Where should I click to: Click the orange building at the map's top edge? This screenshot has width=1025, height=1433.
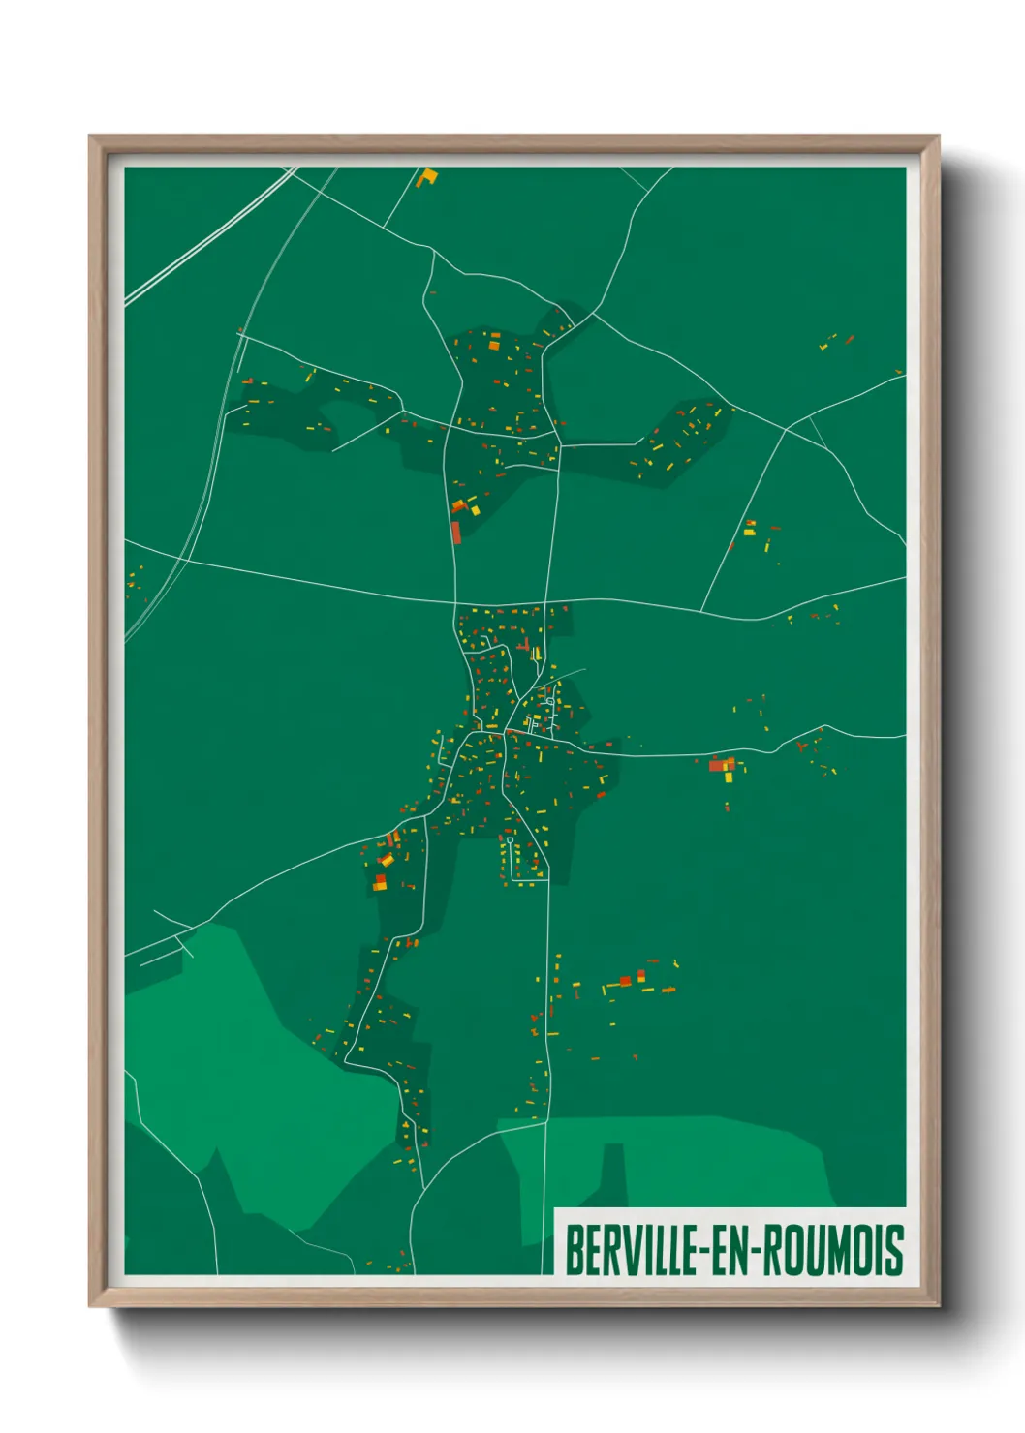[x=426, y=178]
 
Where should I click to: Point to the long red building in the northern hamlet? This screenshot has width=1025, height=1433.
[x=456, y=533]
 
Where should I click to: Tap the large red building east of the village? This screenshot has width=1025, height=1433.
[x=718, y=766]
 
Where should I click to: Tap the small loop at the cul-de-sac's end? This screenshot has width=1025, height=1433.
[x=510, y=839]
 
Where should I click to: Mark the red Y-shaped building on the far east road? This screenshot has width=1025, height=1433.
[x=801, y=746]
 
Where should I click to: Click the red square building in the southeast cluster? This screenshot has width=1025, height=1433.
[x=626, y=981]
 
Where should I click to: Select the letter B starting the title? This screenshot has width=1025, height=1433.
[x=573, y=1251]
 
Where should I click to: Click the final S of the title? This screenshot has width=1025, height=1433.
[x=895, y=1251]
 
